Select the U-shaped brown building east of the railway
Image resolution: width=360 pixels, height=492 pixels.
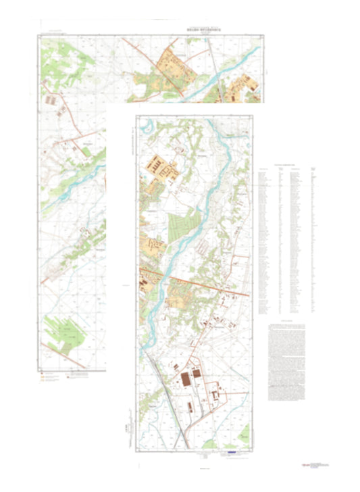(x=216, y=393)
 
